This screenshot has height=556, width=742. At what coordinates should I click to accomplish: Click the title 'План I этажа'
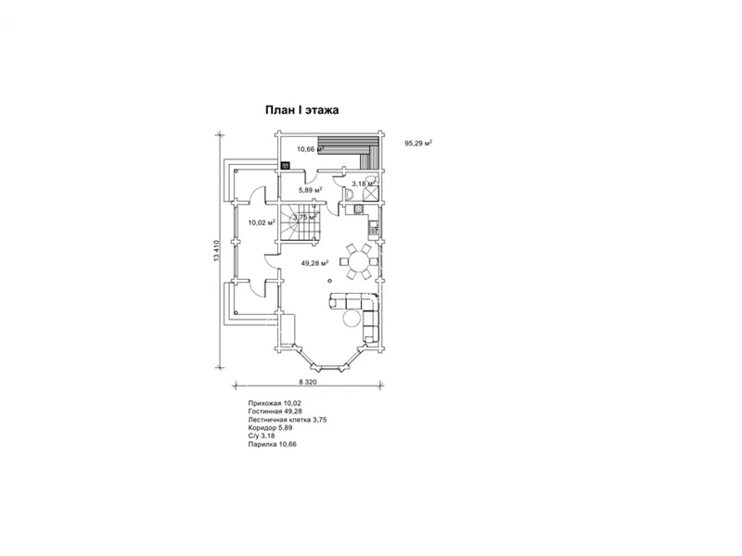coord(301,110)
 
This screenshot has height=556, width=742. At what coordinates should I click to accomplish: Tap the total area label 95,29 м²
coord(418,143)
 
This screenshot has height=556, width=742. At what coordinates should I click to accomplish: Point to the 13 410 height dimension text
coord(217,250)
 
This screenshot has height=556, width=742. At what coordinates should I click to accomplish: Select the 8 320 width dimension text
coord(308,382)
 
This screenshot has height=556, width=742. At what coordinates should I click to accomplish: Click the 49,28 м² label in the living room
coord(314,263)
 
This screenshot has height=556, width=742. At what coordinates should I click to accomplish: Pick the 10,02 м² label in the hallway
coord(262,221)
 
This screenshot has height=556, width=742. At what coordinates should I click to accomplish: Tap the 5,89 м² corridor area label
coord(310,190)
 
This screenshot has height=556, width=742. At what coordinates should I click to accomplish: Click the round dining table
coord(359,261)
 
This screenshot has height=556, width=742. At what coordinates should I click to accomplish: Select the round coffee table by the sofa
coord(352,318)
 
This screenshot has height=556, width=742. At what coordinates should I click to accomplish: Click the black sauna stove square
coord(286,166)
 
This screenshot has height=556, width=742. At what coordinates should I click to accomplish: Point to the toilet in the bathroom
coord(349,195)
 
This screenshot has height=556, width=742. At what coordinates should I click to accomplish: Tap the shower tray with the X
coord(371,194)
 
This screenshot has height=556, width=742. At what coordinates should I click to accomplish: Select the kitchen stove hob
coord(358,209)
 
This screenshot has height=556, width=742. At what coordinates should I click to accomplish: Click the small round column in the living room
coord(330,282)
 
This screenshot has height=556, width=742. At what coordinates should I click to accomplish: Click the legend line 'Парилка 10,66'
coord(272,445)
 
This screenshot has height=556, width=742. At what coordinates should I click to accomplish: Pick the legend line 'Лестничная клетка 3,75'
coord(288,420)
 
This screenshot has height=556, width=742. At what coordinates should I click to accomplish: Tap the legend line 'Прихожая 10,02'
coord(275,403)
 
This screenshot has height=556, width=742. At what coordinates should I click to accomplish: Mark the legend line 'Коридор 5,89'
coord(270,427)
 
